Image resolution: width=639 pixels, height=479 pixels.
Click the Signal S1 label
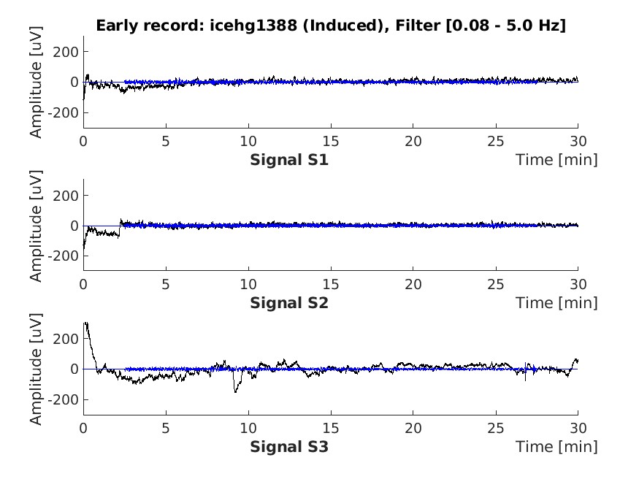tap(289, 159)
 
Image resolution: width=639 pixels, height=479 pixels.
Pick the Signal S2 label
tap(289, 302)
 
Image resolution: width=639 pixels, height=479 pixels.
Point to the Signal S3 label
tap(289, 446)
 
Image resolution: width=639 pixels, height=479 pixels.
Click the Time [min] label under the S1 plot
tap(556, 159)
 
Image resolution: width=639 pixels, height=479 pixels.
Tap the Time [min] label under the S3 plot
tap(556, 446)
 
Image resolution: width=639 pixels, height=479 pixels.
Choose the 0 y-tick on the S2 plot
tap(74, 226)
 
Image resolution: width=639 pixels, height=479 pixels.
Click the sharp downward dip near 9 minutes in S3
tap(235, 391)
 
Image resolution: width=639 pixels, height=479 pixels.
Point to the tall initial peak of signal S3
tap(86, 323)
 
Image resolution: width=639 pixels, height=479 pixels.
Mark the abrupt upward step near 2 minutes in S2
tap(120, 226)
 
